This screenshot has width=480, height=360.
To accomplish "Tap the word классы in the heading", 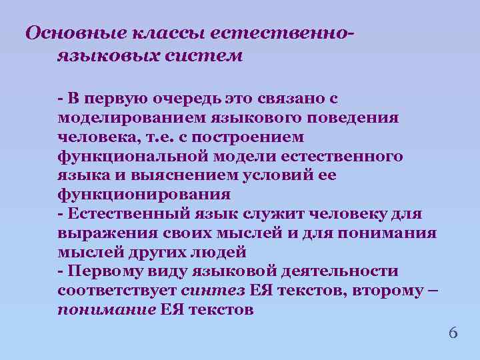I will (165, 33).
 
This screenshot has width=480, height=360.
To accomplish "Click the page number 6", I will (453, 332).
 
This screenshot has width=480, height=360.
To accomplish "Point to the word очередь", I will (184, 99).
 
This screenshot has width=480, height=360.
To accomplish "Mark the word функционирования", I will (144, 195).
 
